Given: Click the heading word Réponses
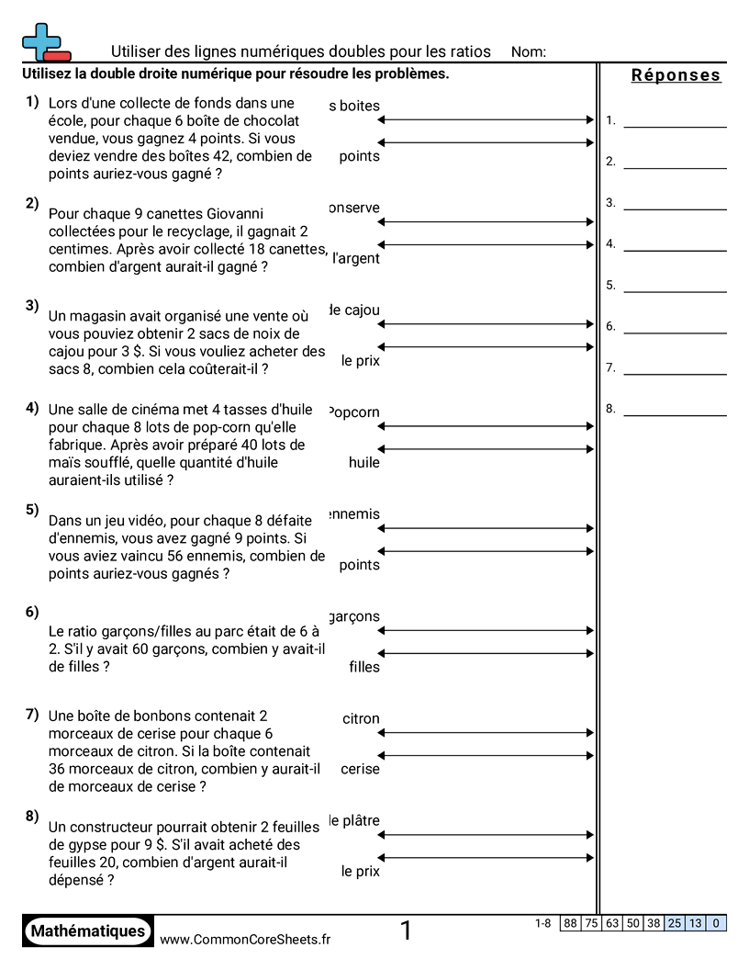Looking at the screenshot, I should pyautogui.click(x=676, y=76).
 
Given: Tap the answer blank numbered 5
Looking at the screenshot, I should pyautogui.click(x=674, y=286).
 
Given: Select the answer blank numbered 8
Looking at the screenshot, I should pyautogui.click(x=674, y=409).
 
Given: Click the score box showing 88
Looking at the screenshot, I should pyautogui.click(x=570, y=924).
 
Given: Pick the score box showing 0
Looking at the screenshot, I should pyautogui.click(x=716, y=924).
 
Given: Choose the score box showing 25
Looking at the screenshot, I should pyautogui.click(x=675, y=924).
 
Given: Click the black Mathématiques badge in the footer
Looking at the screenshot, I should pyautogui.click(x=88, y=931).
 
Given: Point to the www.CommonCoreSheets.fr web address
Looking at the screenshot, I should pyautogui.click(x=245, y=939).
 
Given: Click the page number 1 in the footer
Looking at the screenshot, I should pyautogui.click(x=406, y=931).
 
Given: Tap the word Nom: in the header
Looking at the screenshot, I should pyautogui.click(x=529, y=52).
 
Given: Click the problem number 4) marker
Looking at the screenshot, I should pyautogui.click(x=32, y=408).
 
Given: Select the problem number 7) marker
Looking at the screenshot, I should pyautogui.click(x=32, y=714).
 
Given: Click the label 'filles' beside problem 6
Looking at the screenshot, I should pyautogui.click(x=364, y=668).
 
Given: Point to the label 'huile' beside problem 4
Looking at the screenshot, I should pyautogui.click(x=364, y=463).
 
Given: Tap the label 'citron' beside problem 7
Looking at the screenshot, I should pyautogui.click(x=361, y=719).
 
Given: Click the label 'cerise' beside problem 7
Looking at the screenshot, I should pyautogui.click(x=360, y=770).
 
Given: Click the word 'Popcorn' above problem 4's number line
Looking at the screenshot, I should pyautogui.click(x=354, y=412).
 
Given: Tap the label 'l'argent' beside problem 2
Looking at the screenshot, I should pyautogui.click(x=356, y=259).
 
